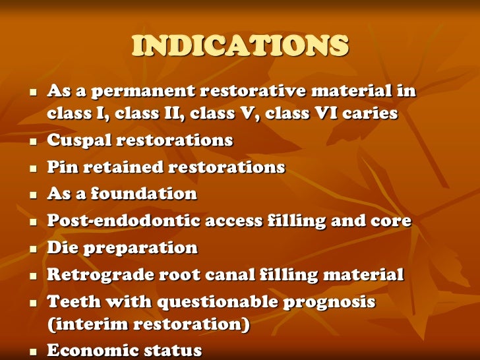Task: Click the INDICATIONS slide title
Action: (x=240, y=46)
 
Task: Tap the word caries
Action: (x=372, y=113)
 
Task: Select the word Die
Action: (x=60, y=248)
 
